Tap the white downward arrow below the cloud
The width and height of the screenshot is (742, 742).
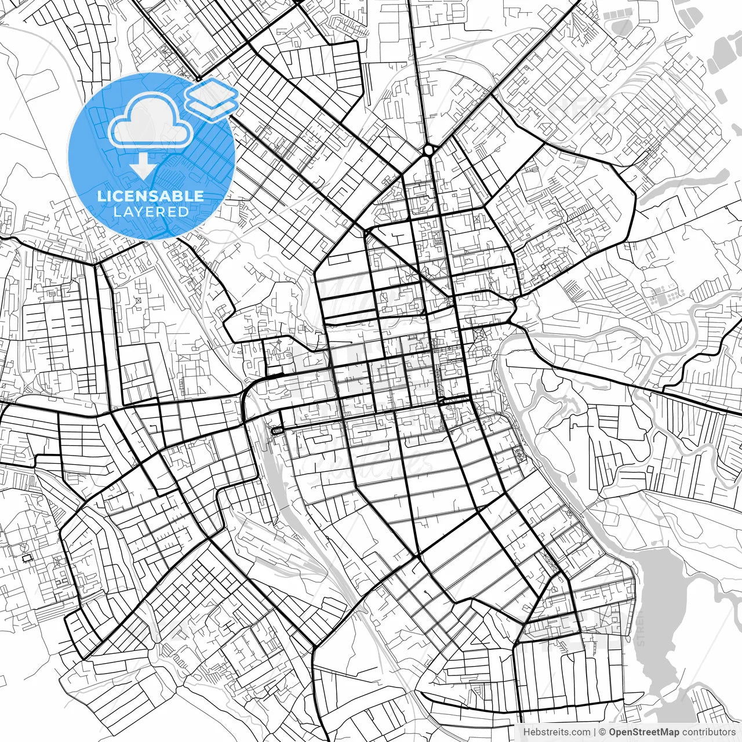pos(143,168)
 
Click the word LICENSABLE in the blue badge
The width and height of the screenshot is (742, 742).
pos(151,196)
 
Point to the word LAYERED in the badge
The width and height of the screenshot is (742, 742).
pos(151,212)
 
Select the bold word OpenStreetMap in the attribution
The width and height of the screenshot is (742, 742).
pos(643,732)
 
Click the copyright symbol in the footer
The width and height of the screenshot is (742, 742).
pos(603,732)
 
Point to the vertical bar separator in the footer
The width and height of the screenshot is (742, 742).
pos(595,732)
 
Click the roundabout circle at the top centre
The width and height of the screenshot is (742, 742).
pos(428,150)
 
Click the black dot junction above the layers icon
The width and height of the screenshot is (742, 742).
pos(198,78)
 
